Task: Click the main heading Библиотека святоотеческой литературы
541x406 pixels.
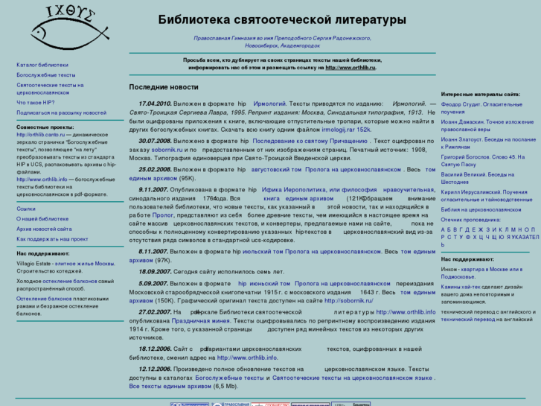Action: pyautogui.click(x=282, y=19)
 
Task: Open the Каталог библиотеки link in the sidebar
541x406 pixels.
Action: pyautogui.click(x=42, y=66)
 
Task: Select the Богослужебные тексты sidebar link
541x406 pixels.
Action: pyautogui.click(x=46, y=75)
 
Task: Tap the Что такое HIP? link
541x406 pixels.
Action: pyautogui.click(x=36, y=102)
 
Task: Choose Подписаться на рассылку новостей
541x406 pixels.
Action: pyautogui.click(x=61, y=112)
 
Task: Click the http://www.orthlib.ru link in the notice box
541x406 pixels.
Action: pyautogui.click(x=350, y=67)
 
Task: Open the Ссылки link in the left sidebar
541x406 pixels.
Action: pyautogui.click(x=26, y=209)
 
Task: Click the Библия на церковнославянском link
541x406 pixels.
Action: pyautogui.click(x=481, y=210)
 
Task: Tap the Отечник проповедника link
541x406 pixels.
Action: pyautogui.click(x=471, y=220)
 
